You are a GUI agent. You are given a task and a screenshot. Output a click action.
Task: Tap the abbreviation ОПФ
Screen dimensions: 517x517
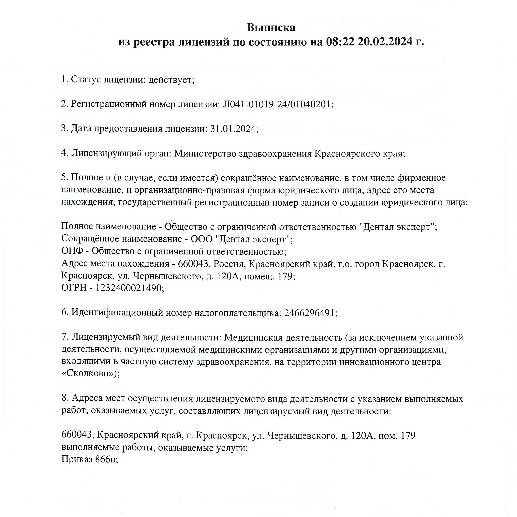pyautogui.click(x=72, y=251)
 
